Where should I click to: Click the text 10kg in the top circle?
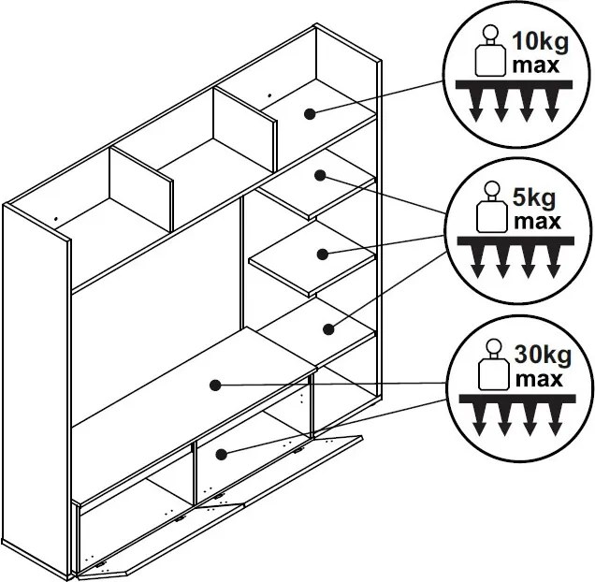click(x=541, y=42)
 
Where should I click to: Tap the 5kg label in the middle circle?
click(x=534, y=198)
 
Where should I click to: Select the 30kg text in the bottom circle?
click(x=543, y=356)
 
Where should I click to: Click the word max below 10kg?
click(x=536, y=65)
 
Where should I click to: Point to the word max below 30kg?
click(x=539, y=379)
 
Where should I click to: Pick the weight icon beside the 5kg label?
click(x=492, y=207)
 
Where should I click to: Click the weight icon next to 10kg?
click(x=490, y=51)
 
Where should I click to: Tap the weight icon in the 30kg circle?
click(x=494, y=364)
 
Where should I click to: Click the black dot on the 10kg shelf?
click(x=310, y=114)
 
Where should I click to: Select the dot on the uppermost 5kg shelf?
click(x=320, y=175)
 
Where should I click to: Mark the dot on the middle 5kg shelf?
click(x=323, y=254)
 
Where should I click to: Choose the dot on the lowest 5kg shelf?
click(x=328, y=329)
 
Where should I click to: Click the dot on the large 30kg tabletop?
click(x=215, y=386)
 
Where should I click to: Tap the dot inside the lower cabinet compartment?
click(x=221, y=455)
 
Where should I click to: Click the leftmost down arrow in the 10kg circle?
click(x=475, y=106)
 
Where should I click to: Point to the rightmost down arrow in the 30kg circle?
click(x=555, y=419)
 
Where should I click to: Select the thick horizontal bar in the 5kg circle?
click(x=515, y=241)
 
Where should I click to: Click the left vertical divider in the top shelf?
click(x=141, y=189)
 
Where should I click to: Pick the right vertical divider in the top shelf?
click(x=245, y=129)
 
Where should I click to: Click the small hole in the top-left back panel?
click(x=56, y=219)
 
